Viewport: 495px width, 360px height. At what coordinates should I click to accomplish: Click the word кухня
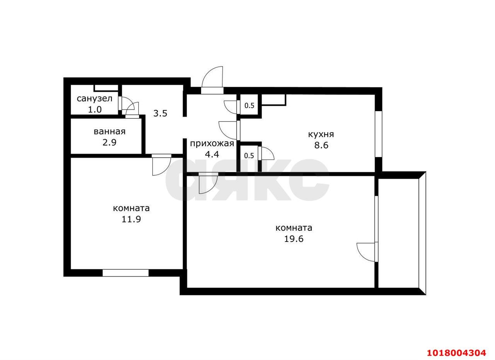coord(321,134)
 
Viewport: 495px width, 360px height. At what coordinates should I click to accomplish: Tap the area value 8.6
coord(321,145)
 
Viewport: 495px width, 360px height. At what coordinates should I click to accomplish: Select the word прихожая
coord(212,144)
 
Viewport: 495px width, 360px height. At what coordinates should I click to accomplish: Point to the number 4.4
coord(212,154)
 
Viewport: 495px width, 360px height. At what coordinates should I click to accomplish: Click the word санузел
coord(95,99)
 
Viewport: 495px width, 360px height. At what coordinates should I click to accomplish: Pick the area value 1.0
coord(95,110)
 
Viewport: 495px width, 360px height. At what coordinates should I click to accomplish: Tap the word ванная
coord(109,132)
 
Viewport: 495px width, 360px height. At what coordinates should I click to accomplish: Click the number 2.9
coord(109,142)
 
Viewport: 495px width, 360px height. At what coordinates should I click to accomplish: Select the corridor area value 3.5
coord(160,113)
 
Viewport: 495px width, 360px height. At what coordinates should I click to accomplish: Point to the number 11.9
coord(131,219)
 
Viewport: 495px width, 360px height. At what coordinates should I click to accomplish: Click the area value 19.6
coord(294,239)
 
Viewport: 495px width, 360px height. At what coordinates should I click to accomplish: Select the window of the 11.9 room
coord(126,273)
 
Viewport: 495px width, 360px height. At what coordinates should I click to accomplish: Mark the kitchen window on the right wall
coord(379,134)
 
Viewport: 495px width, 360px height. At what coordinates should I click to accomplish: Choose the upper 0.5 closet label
coord(249,106)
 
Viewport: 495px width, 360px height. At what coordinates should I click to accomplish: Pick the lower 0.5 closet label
coord(249,156)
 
